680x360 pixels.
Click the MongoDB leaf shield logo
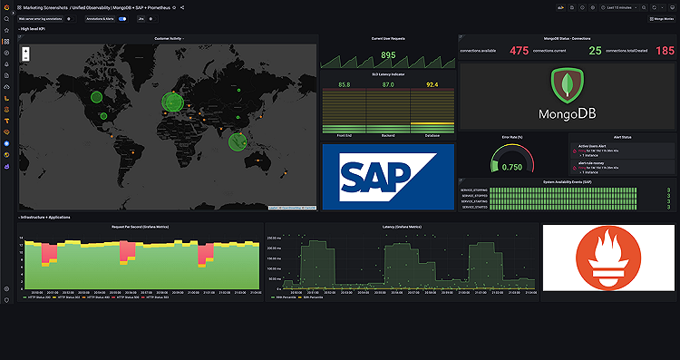click(x=567, y=86)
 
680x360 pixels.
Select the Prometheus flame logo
click(x=607, y=258)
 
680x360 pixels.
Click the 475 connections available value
click(x=519, y=52)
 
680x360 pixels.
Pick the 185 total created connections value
click(x=665, y=52)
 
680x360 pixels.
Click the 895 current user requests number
click(x=388, y=55)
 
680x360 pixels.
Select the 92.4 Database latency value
click(x=432, y=84)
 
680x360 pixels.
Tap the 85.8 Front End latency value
click(x=345, y=84)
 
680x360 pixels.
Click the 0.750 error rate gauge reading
click(x=511, y=167)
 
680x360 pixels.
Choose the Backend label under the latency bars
click(x=388, y=135)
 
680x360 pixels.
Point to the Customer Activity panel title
click(x=169, y=39)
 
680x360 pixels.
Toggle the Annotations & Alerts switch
click(x=122, y=18)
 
